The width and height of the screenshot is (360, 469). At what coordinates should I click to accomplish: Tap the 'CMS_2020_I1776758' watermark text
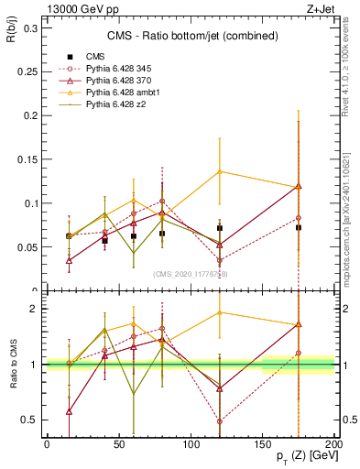191,273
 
